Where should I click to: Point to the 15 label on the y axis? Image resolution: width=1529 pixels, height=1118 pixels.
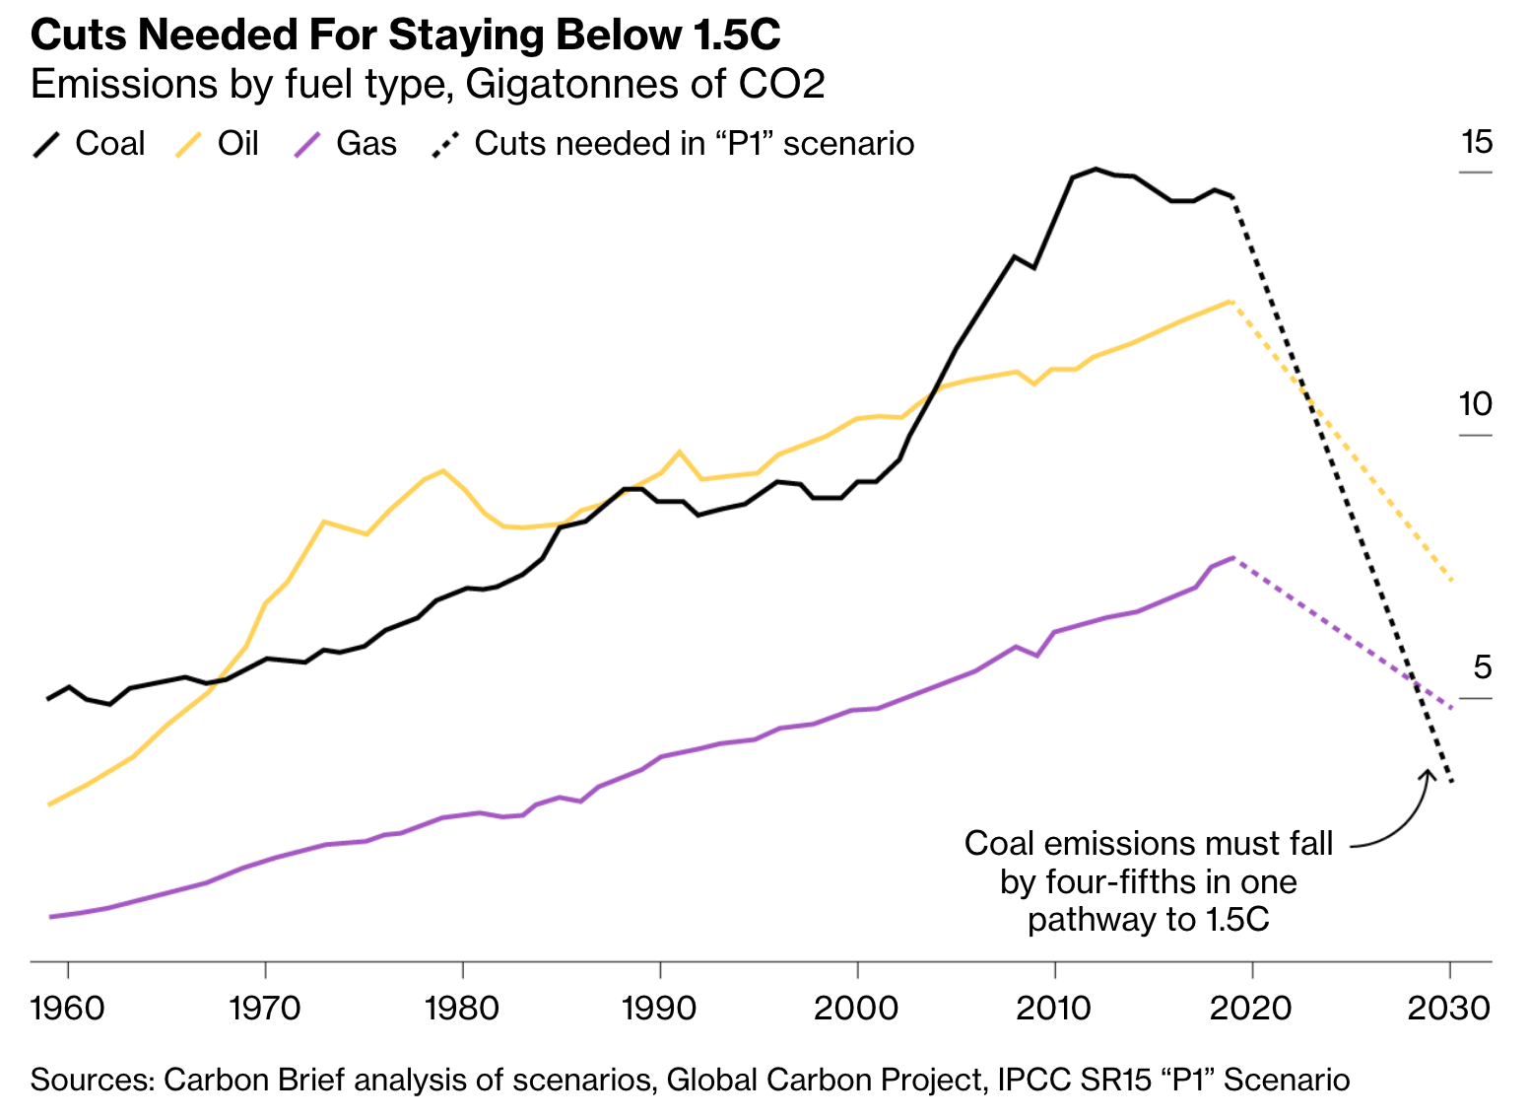(1477, 143)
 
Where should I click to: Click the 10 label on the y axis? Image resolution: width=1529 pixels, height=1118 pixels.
(1476, 404)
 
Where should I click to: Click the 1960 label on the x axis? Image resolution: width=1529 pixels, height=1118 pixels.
(68, 1009)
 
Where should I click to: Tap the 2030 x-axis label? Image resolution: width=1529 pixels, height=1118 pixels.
(1449, 1009)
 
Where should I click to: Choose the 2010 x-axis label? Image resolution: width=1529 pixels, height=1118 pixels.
(1054, 1009)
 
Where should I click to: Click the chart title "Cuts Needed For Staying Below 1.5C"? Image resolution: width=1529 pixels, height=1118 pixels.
(405, 35)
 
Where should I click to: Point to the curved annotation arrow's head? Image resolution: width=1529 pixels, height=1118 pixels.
(1428, 772)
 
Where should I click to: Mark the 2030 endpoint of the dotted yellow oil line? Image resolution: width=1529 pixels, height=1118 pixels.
(1452, 580)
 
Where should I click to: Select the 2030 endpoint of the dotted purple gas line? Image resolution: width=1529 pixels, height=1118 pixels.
(1452, 707)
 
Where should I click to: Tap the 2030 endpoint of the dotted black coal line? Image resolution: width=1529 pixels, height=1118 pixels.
(1452, 782)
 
